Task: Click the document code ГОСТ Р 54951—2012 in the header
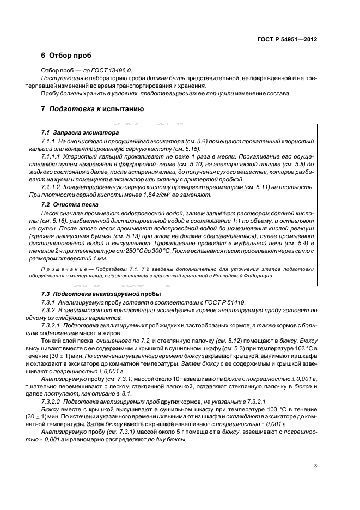[288, 40]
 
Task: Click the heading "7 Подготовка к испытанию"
[92, 109]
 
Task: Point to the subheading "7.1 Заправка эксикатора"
[80, 133]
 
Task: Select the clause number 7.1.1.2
[52, 187]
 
